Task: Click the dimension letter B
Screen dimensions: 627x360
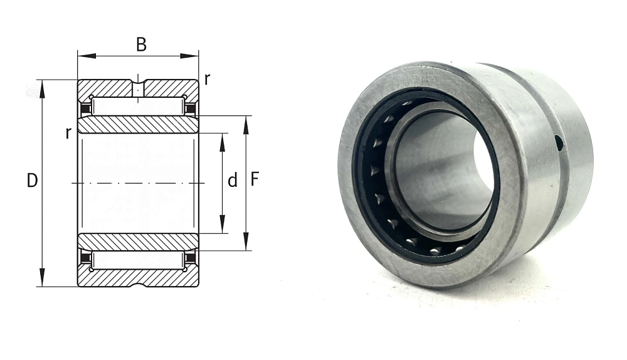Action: (x=141, y=45)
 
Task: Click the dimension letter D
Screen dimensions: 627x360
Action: (x=32, y=181)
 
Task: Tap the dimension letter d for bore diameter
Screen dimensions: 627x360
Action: (x=233, y=181)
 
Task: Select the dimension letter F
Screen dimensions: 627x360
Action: (x=255, y=179)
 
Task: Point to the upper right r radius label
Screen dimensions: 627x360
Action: (x=207, y=80)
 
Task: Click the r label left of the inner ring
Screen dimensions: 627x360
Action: (x=68, y=133)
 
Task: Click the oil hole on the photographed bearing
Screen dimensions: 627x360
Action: (x=559, y=144)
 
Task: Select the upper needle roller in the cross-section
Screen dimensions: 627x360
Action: (x=138, y=105)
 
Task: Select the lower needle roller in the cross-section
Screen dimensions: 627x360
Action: (x=138, y=260)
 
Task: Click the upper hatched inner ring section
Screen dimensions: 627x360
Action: (x=138, y=125)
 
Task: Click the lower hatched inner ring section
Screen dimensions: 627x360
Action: (x=138, y=241)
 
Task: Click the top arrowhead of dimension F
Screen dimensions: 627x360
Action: (x=246, y=125)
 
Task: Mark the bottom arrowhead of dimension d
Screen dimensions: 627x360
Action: (x=223, y=225)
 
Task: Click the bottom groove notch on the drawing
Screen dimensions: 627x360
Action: (x=138, y=284)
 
